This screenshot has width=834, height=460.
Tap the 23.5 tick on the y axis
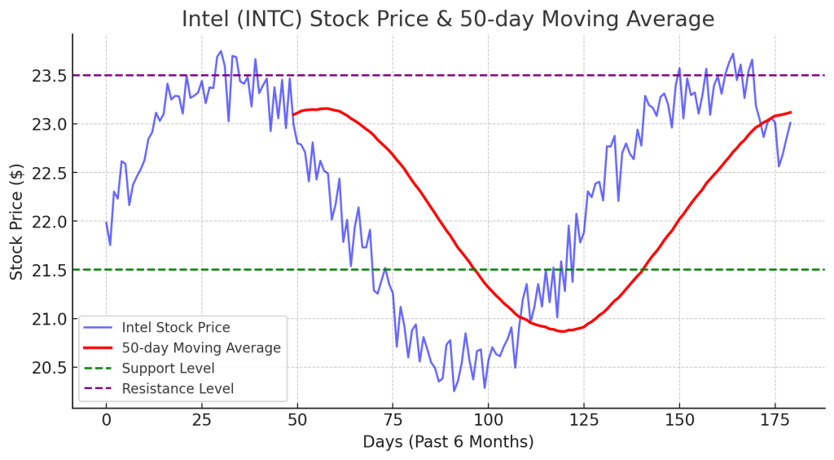click(47, 76)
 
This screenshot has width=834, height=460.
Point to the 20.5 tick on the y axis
click(47, 367)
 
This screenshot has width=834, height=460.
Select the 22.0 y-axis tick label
click(47, 222)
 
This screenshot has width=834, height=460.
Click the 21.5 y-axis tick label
click(47, 270)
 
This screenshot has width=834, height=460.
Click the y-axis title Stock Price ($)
click(17, 222)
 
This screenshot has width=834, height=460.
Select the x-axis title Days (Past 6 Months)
click(448, 442)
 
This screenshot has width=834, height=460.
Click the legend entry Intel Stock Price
click(176, 328)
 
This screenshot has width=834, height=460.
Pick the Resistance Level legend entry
click(178, 389)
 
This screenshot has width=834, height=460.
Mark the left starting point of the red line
click(293, 114)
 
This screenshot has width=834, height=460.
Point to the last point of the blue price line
click(790, 123)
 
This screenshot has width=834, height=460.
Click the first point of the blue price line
click(106, 222)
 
